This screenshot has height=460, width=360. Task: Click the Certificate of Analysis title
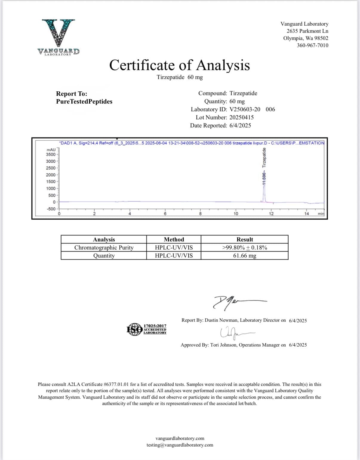pos(179,65)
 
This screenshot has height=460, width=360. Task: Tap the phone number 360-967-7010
pos(312,45)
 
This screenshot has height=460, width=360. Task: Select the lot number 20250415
pos(241,117)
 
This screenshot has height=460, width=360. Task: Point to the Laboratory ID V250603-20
pos(244,109)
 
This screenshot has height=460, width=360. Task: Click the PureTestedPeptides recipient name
pos(84,101)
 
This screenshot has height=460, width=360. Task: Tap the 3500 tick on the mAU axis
pos(51,154)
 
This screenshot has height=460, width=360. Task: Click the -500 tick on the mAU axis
pos(51,209)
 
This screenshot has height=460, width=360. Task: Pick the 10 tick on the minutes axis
pos(236,213)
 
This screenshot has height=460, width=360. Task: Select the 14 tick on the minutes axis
pos(307,213)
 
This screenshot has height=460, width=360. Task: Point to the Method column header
pos(174,239)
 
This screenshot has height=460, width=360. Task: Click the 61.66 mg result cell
pos(244,256)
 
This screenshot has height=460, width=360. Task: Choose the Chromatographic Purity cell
pos(104,247)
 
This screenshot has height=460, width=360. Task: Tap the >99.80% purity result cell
pos(244,247)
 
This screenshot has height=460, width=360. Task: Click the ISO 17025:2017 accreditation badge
pos(147,329)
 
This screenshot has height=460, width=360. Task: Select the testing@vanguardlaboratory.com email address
pos(180,445)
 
